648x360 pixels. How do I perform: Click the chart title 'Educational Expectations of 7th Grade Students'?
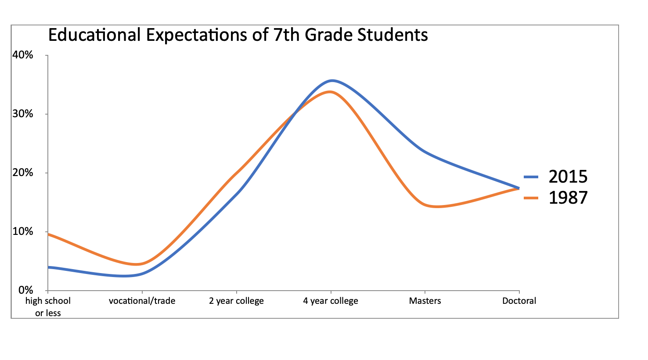pos(238,35)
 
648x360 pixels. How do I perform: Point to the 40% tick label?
pos(23,55)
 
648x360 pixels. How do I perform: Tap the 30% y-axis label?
pos(23,114)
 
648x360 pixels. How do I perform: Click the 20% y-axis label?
pos(23,173)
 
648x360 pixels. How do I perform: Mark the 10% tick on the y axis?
pos(23,231)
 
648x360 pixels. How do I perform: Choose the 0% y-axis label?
pos(25,290)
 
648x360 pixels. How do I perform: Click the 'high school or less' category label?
pos(48,306)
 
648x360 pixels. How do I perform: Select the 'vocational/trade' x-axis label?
pos(142,301)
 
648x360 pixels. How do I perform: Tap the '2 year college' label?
pos(236,301)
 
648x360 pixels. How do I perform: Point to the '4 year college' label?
pos(331,301)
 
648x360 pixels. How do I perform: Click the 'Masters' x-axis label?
pos(425,301)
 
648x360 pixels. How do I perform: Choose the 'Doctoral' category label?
pos(519,301)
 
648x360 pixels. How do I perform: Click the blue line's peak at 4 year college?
pos(331,80)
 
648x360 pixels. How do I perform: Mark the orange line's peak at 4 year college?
pos(330,92)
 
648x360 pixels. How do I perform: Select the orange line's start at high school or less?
pos(48,234)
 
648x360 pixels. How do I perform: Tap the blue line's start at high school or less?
pos(48,267)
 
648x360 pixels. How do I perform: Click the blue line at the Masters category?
pos(425,151)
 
